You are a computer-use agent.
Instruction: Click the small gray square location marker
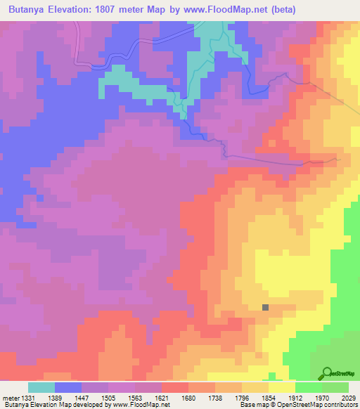(x=265, y=307)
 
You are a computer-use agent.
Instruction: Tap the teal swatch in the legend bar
(x=41, y=387)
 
